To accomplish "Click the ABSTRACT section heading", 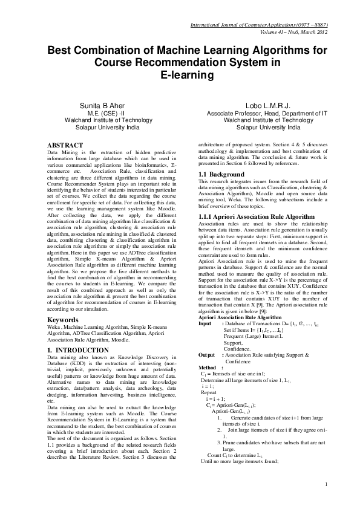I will pyautogui.click(x=65, y=146).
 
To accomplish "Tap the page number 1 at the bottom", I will pyautogui.click(x=326, y=484).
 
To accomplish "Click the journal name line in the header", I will pyautogui.click(x=259, y=25).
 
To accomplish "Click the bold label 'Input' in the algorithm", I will pyautogui.click(x=205, y=323).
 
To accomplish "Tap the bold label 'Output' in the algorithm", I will pyautogui.click(x=206, y=354).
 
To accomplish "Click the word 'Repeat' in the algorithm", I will pyautogui.click(x=208, y=392).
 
